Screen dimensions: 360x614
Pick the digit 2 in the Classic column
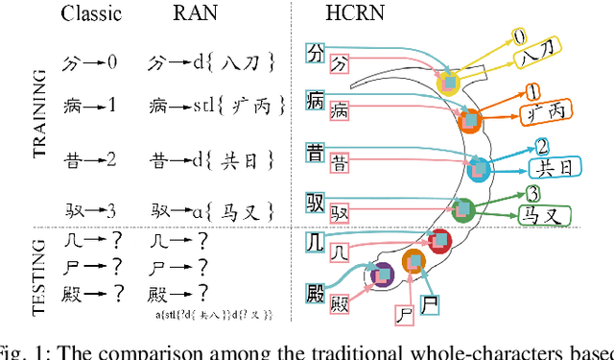pos(111,157)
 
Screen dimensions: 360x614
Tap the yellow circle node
pos(448,83)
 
